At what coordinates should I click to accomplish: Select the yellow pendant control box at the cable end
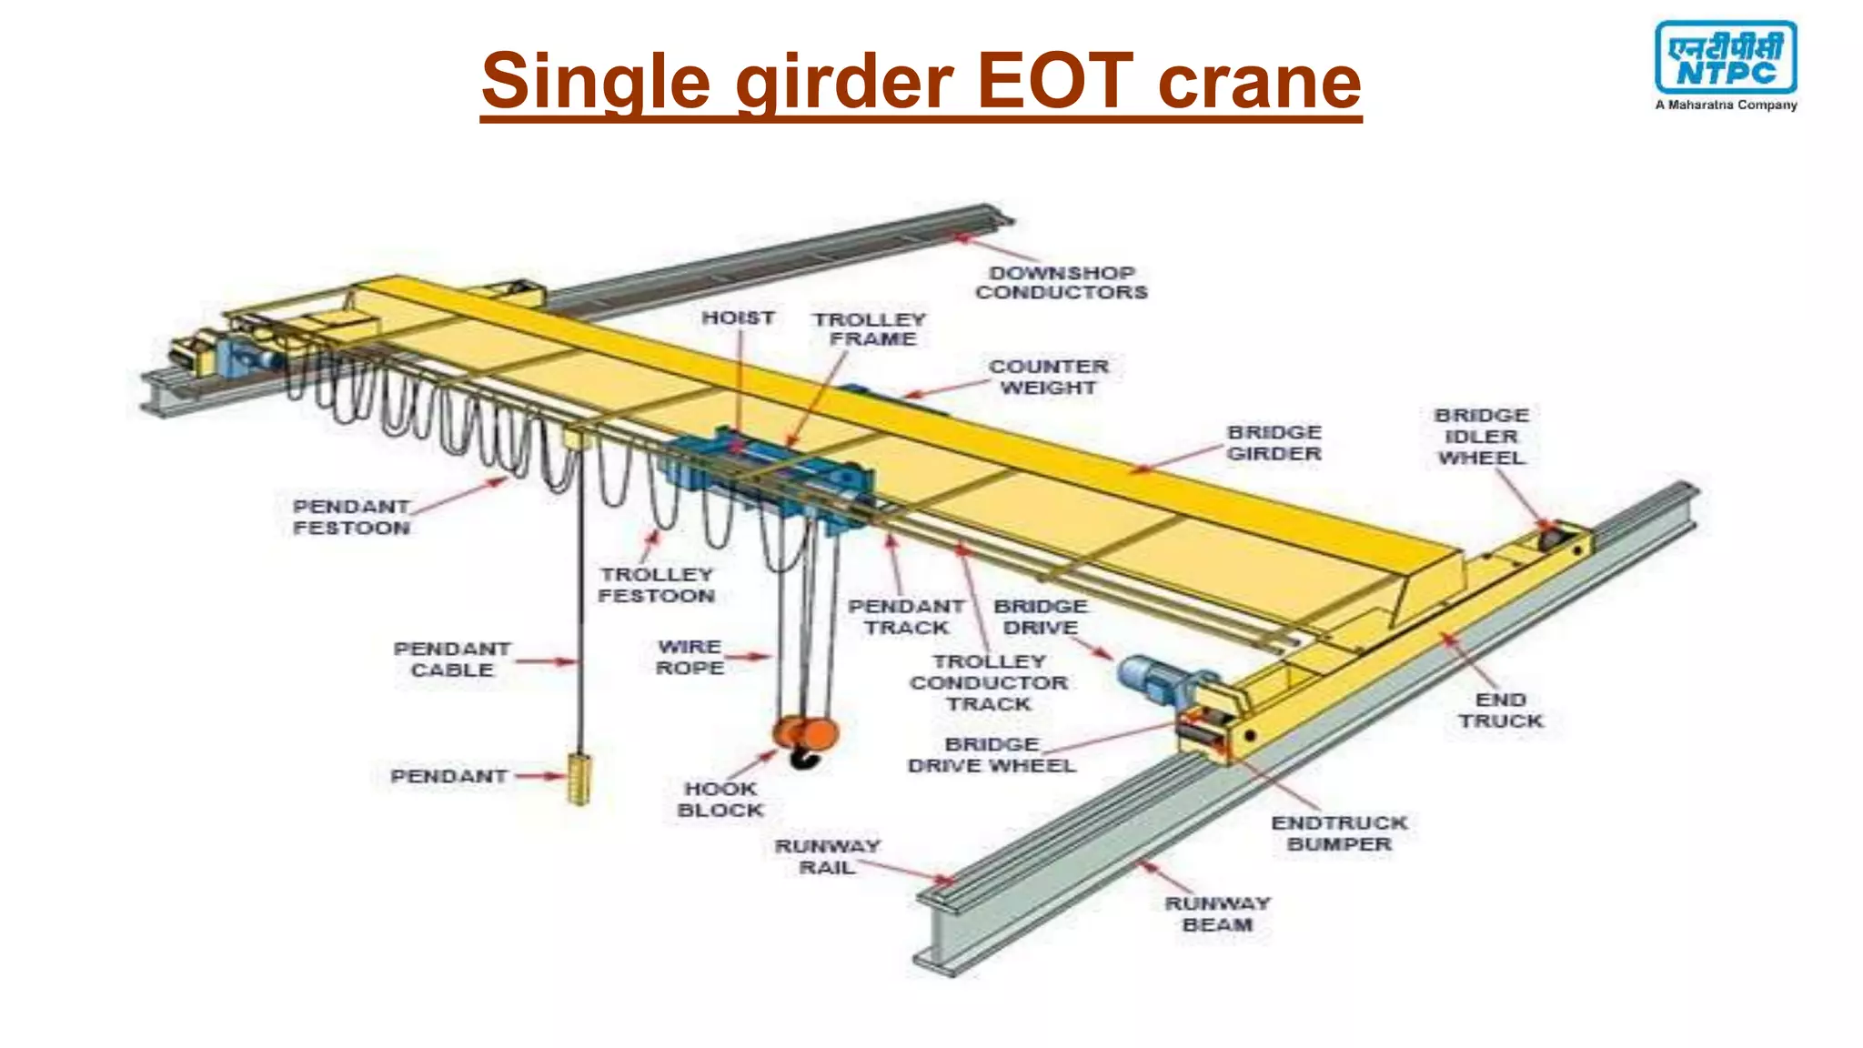(x=579, y=778)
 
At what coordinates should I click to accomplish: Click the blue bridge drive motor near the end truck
(x=1153, y=680)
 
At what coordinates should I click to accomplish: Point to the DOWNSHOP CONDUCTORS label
(x=1061, y=283)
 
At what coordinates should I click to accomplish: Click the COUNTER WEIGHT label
(x=1049, y=377)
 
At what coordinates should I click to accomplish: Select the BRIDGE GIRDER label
(x=1274, y=443)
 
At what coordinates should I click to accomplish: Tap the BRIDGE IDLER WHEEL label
(x=1481, y=437)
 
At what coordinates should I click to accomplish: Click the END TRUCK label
(x=1501, y=710)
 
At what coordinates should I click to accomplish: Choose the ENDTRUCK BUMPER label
(x=1339, y=833)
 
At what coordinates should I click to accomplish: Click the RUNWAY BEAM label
(x=1217, y=914)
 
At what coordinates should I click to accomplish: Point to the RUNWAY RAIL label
(x=827, y=857)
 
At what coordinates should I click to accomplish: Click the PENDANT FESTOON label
(x=351, y=517)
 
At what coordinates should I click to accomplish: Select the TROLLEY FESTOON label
(x=656, y=585)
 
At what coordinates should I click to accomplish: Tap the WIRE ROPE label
(x=690, y=657)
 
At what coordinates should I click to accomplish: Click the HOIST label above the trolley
(x=738, y=317)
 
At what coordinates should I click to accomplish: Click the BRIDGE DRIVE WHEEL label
(x=992, y=755)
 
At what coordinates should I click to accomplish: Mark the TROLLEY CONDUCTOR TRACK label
(x=989, y=682)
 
